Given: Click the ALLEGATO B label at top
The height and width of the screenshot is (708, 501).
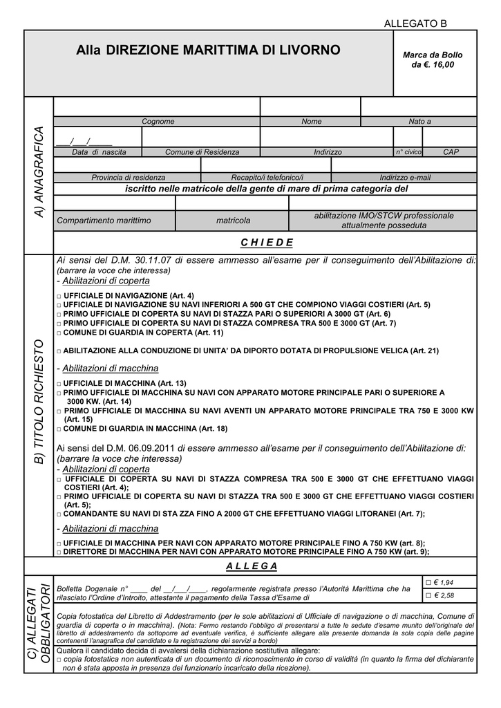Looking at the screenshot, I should [x=415, y=24].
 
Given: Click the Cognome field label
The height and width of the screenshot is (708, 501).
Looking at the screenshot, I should [x=158, y=122].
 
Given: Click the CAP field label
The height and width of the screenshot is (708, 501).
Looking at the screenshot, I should [x=451, y=152].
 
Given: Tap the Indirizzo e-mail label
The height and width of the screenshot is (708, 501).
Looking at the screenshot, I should [x=404, y=178].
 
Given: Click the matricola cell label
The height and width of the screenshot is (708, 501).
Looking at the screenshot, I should [x=233, y=221].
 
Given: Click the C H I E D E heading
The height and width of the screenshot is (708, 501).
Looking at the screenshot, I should [x=267, y=242].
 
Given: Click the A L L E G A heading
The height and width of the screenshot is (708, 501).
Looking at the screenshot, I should [x=252, y=566].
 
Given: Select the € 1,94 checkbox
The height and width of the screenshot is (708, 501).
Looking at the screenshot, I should [x=428, y=582].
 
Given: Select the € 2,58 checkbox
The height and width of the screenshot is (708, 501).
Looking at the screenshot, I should [x=428, y=595].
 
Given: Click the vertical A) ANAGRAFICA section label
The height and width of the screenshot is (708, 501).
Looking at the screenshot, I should [x=39, y=172].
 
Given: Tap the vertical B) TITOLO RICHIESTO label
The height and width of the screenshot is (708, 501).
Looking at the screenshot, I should [x=39, y=401].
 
